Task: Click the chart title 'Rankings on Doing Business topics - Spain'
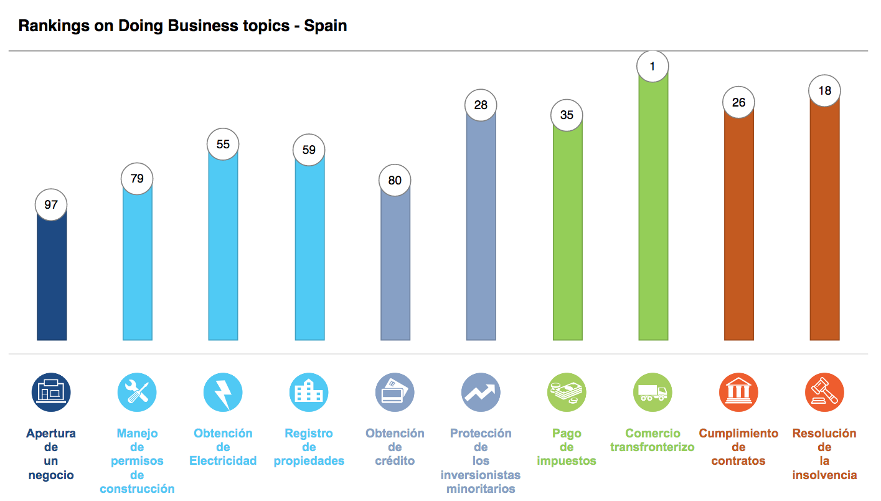click(182, 26)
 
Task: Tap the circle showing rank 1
click(653, 65)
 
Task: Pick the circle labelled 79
click(137, 179)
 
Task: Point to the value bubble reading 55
click(223, 145)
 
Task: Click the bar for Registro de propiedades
click(309, 249)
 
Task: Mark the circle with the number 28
click(481, 105)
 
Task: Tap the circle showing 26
click(739, 102)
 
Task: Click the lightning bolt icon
click(223, 393)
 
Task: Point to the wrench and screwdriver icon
click(137, 393)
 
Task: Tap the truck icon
click(653, 393)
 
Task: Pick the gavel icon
click(824, 393)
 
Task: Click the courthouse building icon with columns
click(738, 393)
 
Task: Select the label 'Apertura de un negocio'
click(51, 454)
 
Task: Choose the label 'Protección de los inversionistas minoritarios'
click(481, 461)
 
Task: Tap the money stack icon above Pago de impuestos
click(567, 393)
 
